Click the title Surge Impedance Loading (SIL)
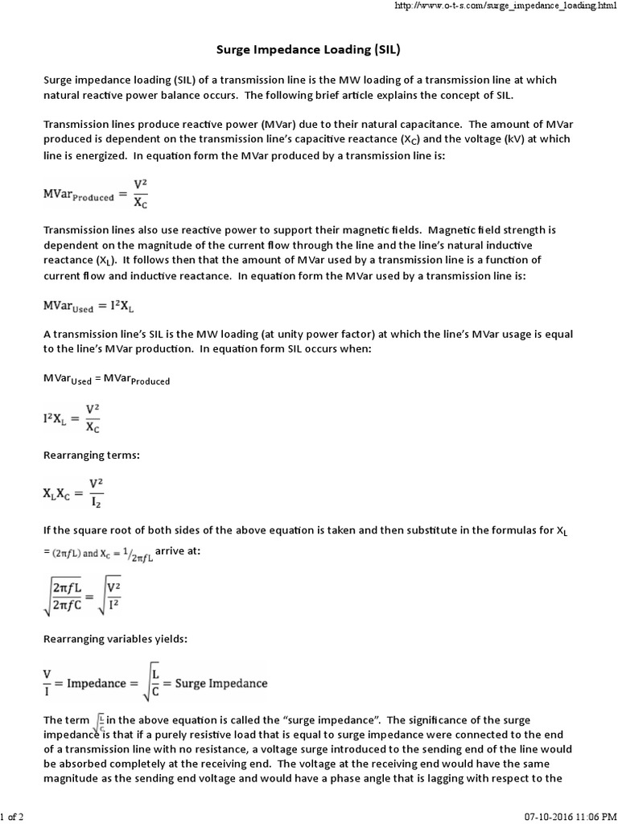[x=309, y=50]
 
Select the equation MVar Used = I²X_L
[x=92, y=306]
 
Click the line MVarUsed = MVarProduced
[x=106, y=379]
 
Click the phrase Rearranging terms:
[x=91, y=455]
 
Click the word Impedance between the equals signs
[x=101, y=683]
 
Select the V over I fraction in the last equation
[x=47, y=683]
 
